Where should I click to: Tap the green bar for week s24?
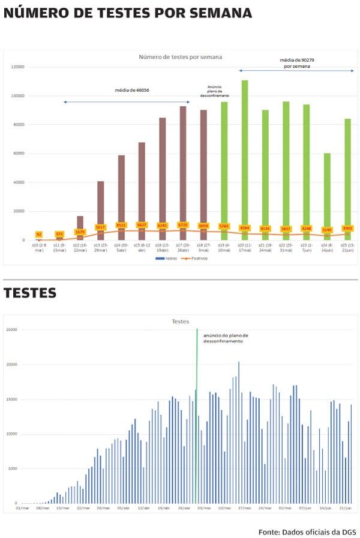[327, 192]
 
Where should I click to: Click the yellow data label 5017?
[100, 227]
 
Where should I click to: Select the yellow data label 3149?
[327, 230]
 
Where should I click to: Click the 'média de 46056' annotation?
[132, 91]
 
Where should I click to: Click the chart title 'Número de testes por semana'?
[180, 57]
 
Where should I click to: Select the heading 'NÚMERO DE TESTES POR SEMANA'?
[127, 13]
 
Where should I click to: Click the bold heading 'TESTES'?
[30, 293]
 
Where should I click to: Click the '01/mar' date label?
[22, 508]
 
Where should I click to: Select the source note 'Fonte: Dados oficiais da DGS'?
[307, 532]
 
